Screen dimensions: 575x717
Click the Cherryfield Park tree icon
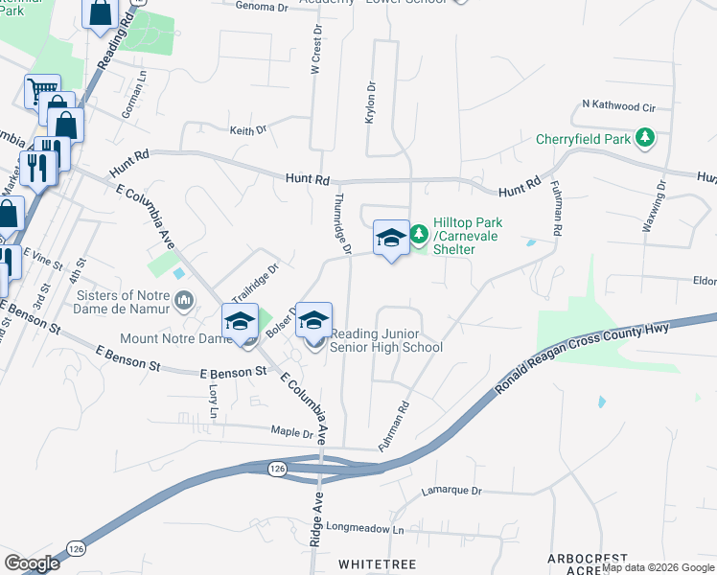646,139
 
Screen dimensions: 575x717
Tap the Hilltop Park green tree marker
419,234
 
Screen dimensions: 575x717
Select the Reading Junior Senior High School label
386,340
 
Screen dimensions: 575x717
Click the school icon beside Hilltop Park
391,238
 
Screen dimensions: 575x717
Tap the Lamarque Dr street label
451,492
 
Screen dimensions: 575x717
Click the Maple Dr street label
293,433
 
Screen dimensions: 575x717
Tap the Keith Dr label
247,129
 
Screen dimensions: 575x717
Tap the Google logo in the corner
32,563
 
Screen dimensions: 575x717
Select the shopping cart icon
42,91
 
